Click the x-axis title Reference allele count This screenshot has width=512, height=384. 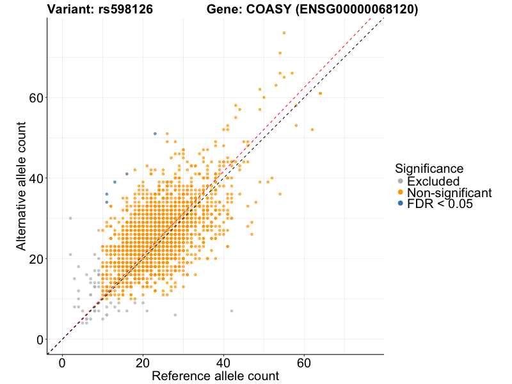pyautogui.click(x=215, y=376)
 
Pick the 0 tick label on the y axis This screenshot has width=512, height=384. pyautogui.click(x=40, y=339)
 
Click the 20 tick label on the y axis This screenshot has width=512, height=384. pyautogui.click(x=36, y=259)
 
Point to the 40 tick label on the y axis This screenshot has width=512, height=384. pyautogui.click(x=36, y=178)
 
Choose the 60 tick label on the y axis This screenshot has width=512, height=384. pyautogui.click(x=36, y=97)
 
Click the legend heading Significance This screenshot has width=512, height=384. pyautogui.click(x=429, y=168)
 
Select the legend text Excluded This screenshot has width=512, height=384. pyautogui.click(x=433, y=182)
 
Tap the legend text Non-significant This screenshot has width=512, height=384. pyautogui.click(x=449, y=193)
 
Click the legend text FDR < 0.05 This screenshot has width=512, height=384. pyautogui.click(x=442, y=204)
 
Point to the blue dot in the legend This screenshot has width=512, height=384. pyautogui.click(x=401, y=204)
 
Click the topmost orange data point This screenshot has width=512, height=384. pyautogui.click(x=284, y=33)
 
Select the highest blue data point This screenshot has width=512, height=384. pyautogui.click(x=155, y=134)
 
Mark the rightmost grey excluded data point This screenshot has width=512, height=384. pyautogui.click(x=232, y=311)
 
